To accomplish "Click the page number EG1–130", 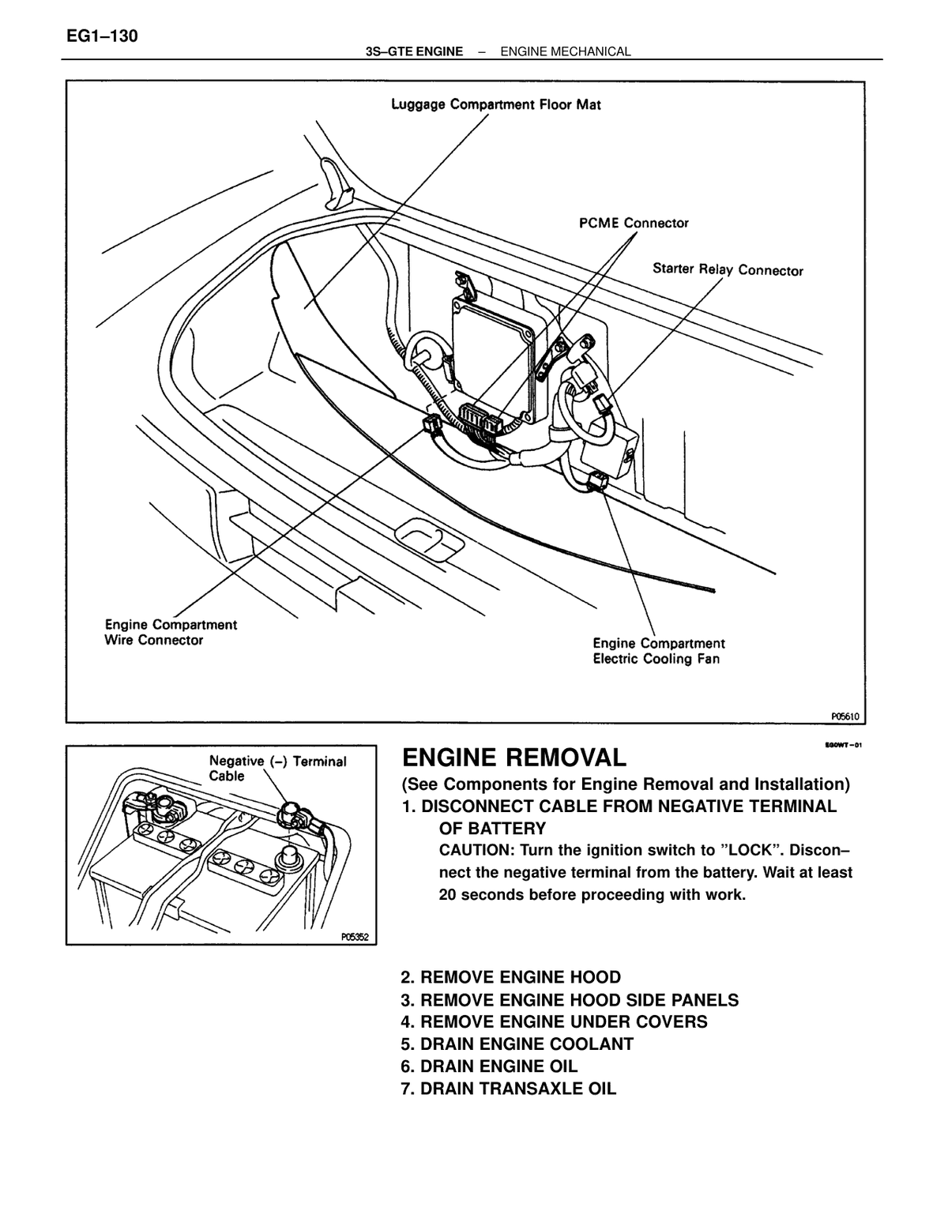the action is [x=102, y=36].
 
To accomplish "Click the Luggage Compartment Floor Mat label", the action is [x=496, y=105].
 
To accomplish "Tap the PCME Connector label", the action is [x=634, y=224].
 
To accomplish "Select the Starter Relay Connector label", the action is [x=728, y=269].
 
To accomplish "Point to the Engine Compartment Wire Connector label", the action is [x=171, y=632].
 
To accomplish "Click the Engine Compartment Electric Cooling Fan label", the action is [x=659, y=651].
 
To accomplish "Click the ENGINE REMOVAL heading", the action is [x=513, y=757].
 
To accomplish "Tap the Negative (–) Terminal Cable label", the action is [x=277, y=769].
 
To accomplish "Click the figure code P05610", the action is [x=845, y=716].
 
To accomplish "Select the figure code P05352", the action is [x=355, y=937].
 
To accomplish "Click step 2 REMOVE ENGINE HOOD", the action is [x=511, y=977].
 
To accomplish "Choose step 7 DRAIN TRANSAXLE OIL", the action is [x=509, y=1089].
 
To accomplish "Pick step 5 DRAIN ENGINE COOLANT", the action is [x=517, y=1044].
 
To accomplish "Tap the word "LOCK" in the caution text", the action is [x=748, y=850].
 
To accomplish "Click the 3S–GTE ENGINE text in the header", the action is [x=414, y=51].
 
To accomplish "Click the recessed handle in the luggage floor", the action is [x=430, y=540].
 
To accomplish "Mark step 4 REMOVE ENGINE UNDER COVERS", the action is [x=554, y=1021].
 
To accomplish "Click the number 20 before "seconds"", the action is [x=447, y=895].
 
